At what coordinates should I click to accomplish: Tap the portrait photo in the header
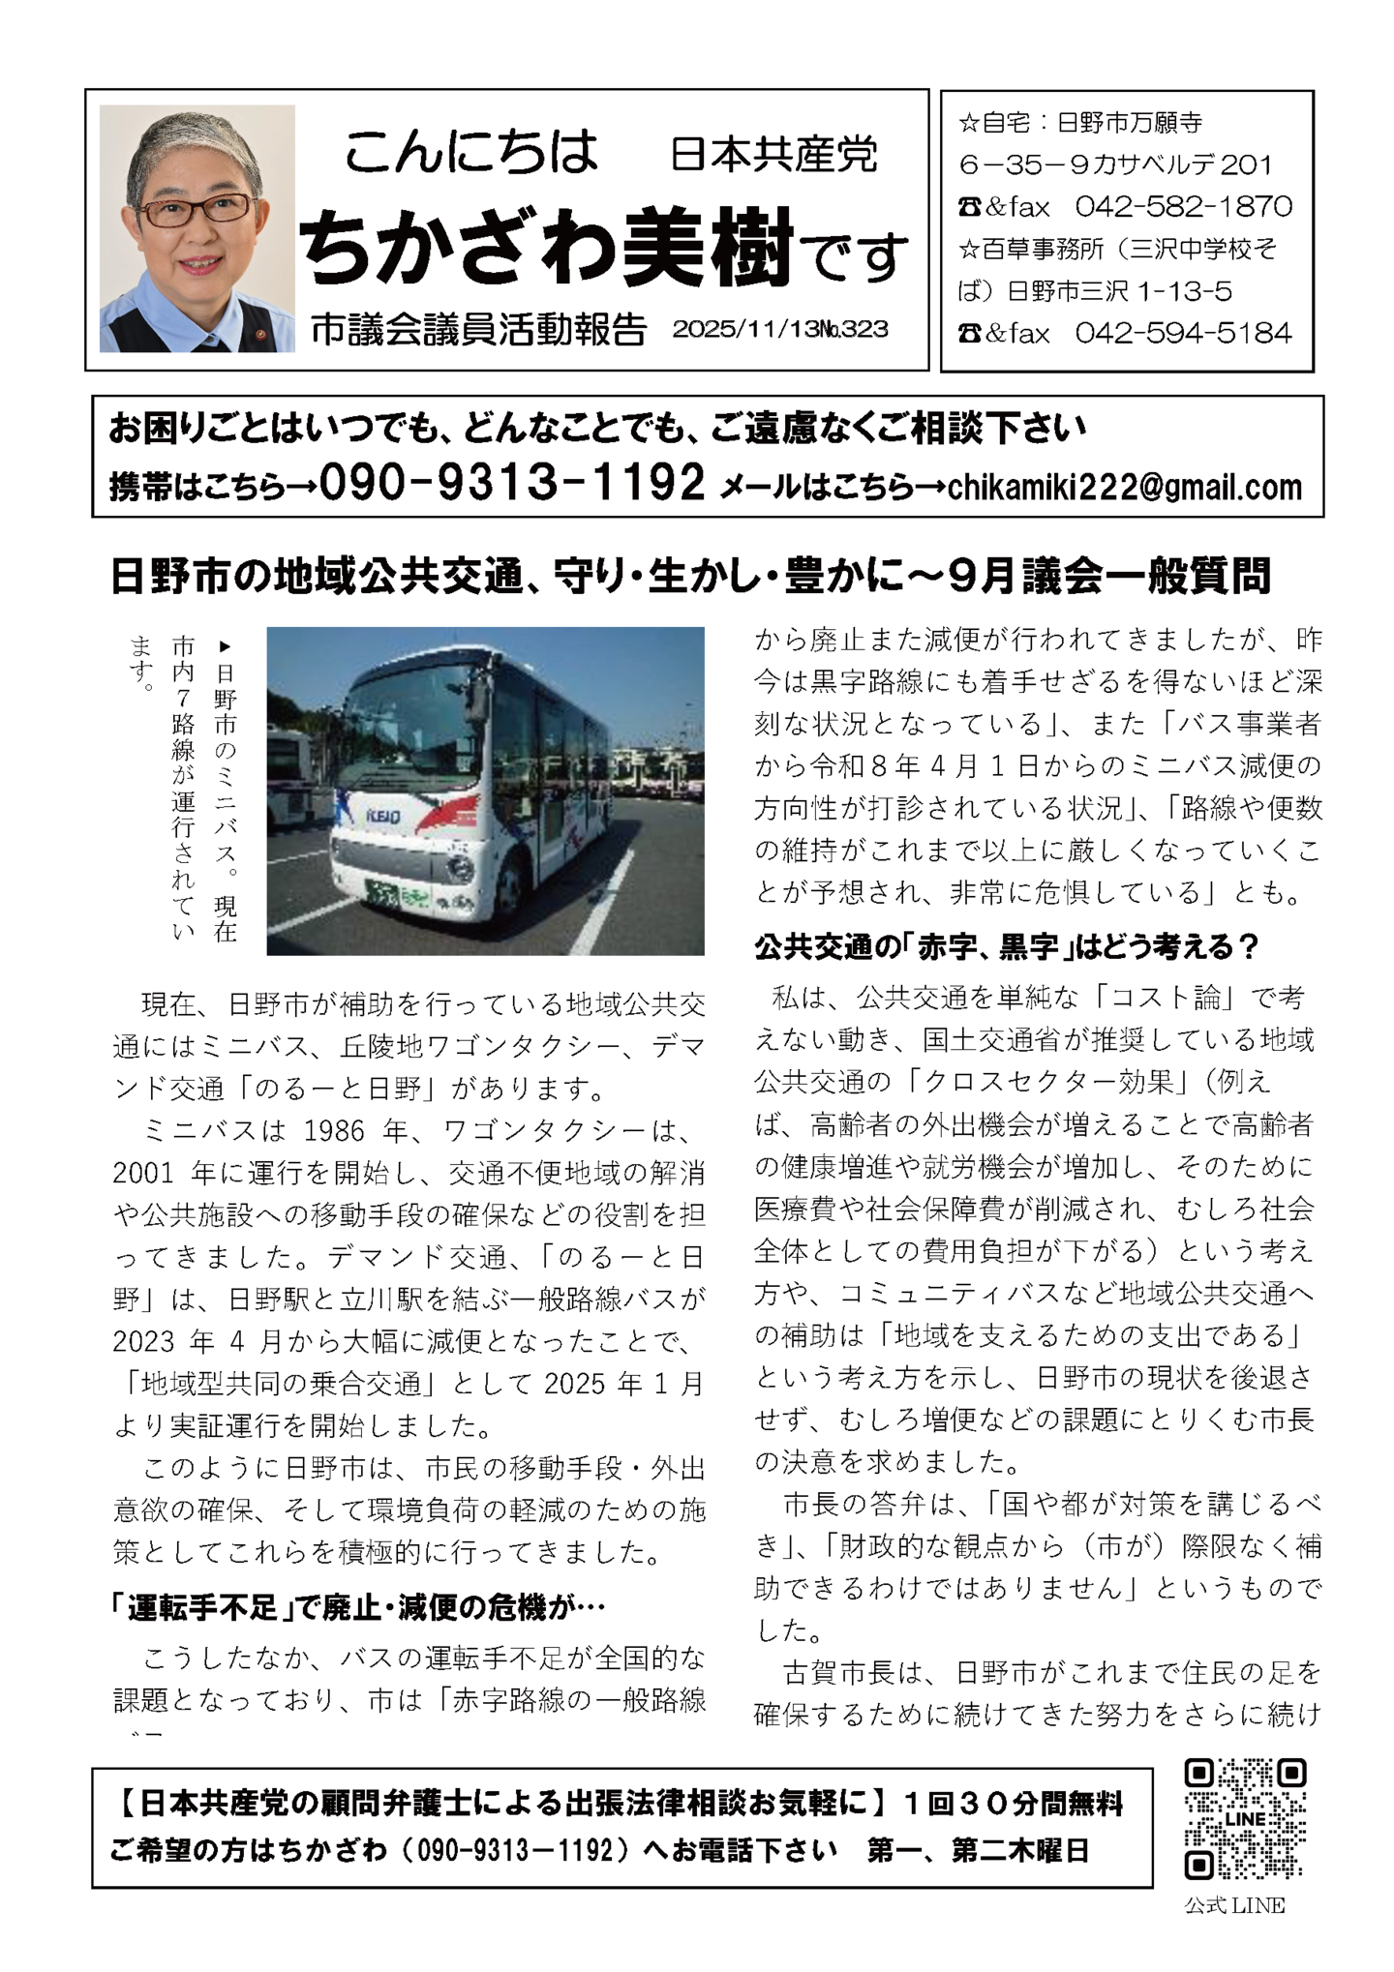(197, 228)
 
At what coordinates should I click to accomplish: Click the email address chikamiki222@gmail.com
(1125, 487)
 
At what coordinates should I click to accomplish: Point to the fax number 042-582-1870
(1183, 206)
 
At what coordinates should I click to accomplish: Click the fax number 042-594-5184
(1183, 334)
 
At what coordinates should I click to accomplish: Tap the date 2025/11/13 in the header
(745, 330)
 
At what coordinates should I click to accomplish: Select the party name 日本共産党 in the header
(773, 155)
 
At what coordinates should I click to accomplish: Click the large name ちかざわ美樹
(547, 247)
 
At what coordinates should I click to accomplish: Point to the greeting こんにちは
(470, 153)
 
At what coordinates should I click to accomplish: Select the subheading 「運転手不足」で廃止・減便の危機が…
(358, 1608)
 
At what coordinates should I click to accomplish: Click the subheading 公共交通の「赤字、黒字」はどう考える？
(1006, 946)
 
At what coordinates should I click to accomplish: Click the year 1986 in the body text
(334, 1131)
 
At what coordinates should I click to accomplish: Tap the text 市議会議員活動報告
(478, 331)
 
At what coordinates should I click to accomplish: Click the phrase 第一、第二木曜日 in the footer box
(979, 1851)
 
